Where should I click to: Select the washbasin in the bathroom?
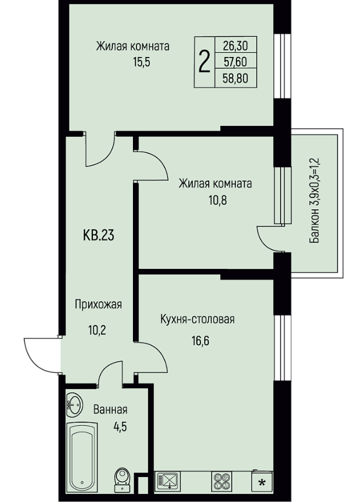coord(74,405)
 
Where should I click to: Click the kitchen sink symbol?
coord(168,480)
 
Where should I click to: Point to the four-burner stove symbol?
coord(222,480)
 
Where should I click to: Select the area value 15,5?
coord(142,62)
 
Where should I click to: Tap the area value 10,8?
coord(218,200)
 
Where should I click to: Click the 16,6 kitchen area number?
coord(201,340)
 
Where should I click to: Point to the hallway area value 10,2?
coord(97,329)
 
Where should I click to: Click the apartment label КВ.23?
coord(99,236)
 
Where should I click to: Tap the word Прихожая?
coord(98,304)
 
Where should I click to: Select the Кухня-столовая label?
coord(197,319)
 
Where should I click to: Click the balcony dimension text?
coord(315,201)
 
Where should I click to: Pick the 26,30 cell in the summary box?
coord(236,46)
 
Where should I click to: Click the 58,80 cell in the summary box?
coord(236,78)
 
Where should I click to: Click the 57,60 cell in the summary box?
coord(236,61)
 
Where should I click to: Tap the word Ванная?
coord(110,410)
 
